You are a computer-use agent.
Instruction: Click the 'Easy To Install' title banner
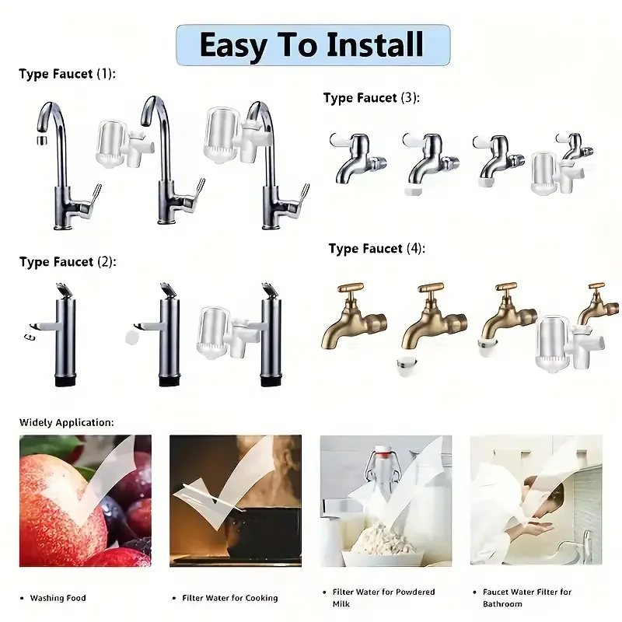[x=313, y=44]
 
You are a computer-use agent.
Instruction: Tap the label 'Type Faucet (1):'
[x=67, y=75]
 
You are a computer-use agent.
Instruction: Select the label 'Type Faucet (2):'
[x=68, y=262]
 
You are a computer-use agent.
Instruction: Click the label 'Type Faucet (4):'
[x=377, y=249]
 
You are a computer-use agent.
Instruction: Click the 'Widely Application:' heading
[x=66, y=422]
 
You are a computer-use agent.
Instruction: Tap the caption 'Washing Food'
[x=58, y=598]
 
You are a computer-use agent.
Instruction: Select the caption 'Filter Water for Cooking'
[x=229, y=598]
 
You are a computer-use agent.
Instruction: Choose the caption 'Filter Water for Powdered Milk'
[x=383, y=597]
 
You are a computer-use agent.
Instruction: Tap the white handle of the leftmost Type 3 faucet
[x=342, y=140]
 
